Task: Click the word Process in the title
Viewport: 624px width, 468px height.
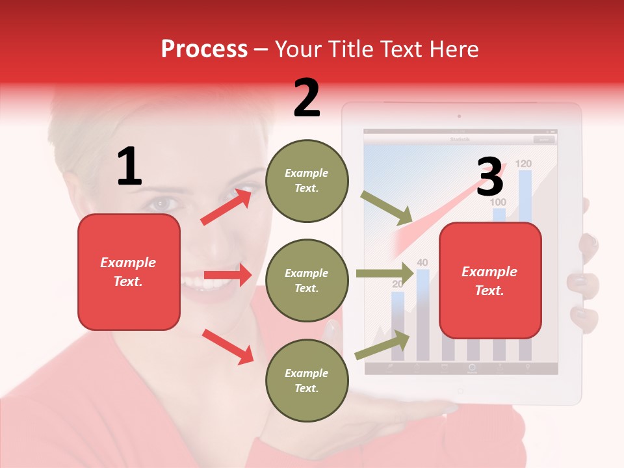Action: coord(204,49)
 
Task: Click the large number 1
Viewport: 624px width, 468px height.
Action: coord(129,166)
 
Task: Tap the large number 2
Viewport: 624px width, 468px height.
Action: coord(307,98)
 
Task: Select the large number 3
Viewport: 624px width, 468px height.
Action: coord(489,177)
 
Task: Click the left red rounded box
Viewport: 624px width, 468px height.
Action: coord(129,272)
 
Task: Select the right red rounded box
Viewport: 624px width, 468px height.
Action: coord(490,280)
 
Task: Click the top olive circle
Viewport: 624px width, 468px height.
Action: coord(307,181)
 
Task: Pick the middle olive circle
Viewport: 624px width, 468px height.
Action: coord(307,280)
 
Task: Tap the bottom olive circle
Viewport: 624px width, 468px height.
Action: coord(307,380)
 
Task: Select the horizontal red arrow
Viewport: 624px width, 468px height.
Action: coord(227,275)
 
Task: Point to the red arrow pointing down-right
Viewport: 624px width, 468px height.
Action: coord(227,346)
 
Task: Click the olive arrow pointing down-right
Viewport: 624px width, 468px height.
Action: coord(387,208)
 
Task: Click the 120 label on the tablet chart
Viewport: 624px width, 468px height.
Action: coord(524,164)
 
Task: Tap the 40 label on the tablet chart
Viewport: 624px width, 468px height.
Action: coord(422,263)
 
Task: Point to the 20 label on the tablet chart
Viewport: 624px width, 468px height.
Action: coord(397,284)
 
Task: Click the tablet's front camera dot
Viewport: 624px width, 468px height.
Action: coord(460,116)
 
